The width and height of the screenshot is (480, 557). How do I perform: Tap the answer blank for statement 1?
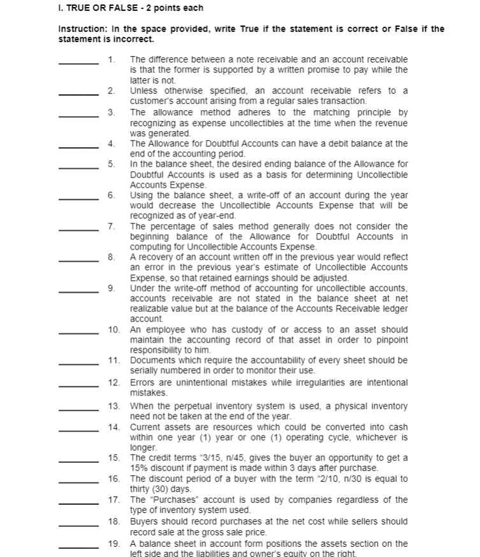point(78,62)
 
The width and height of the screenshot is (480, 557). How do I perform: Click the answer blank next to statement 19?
point(78,546)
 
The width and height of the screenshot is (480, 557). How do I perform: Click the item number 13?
point(115,406)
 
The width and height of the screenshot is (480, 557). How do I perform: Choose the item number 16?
point(115,479)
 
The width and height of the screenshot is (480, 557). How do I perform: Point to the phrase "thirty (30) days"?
point(159,489)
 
